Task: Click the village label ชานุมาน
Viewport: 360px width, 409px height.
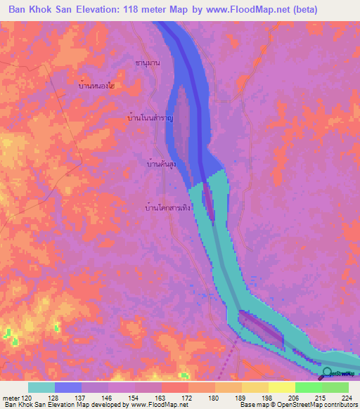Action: coord(148,63)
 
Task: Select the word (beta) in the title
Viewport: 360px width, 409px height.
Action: coord(302,10)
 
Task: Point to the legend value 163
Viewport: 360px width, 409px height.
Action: coord(163,397)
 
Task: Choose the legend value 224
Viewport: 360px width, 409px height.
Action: coord(345,397)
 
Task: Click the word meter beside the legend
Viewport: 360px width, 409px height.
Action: coord(10,397)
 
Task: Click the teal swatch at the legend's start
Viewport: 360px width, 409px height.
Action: coord(41,387)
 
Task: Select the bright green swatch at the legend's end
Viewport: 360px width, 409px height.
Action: coord(335,387)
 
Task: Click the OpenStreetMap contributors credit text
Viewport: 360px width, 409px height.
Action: coord(316,405)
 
